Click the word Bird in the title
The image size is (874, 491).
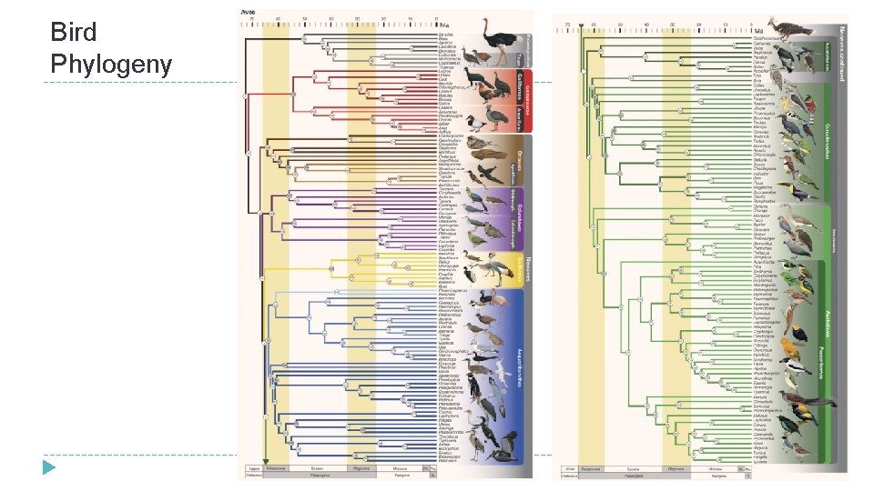pos(74,34)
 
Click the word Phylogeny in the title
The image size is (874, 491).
pos(110,65)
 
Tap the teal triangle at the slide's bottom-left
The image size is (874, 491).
pos(48,467)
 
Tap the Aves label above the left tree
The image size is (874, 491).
pos(247,12)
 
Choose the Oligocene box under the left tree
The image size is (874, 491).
pos(361,467)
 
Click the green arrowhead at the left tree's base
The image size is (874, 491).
pos(264,461)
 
